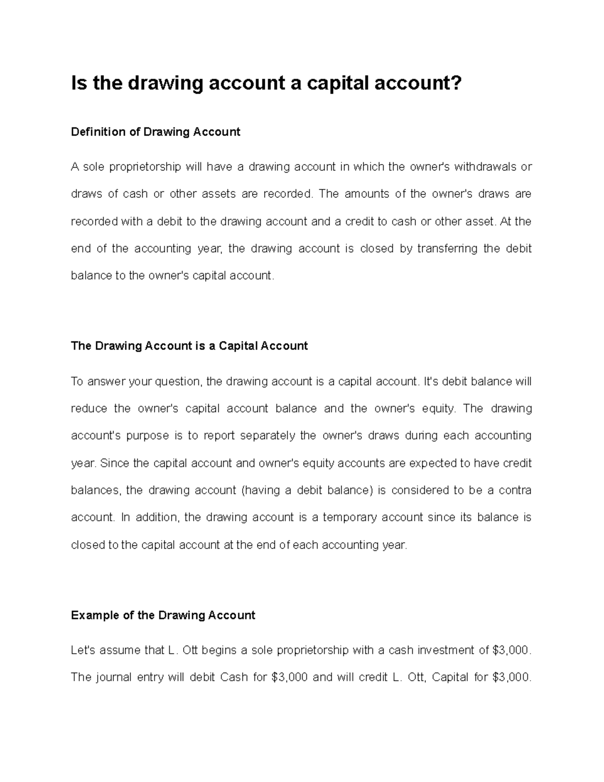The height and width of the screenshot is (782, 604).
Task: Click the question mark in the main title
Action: coord(455,83)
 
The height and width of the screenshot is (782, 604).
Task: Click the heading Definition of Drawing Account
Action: coord(156,132)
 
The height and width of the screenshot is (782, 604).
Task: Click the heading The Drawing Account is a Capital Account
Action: coord(189,346)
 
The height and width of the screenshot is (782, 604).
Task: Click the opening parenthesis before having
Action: coord(244,490)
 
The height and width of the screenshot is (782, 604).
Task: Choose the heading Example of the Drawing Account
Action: coord(163,615)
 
